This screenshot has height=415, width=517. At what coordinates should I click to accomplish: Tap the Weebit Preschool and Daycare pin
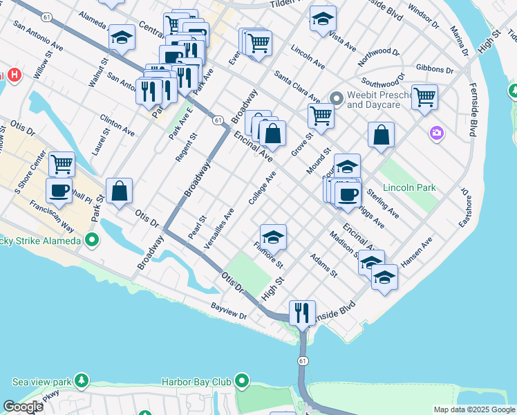(337, 98)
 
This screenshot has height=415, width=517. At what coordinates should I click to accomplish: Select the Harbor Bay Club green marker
(242, 381)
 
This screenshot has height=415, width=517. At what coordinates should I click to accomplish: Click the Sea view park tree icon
(82, 381)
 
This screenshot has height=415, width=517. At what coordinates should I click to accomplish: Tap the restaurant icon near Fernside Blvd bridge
(301, 313)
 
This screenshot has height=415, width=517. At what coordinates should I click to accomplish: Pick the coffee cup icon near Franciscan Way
(59, 190)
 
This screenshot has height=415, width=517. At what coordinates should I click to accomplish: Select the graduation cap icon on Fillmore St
(274, 237)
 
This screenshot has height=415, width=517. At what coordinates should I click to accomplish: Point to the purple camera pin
(436, 132)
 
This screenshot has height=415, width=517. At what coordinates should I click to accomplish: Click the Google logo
(23, 407)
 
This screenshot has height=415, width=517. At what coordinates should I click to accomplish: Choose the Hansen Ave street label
(416, 253)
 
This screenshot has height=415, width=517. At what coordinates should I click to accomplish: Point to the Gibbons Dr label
(435, 70)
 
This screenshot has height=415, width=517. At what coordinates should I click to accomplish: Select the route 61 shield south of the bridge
(303, 361)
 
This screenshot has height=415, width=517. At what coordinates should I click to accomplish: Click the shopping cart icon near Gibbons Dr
(424, 97)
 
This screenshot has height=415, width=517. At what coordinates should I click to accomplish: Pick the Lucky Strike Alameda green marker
(91, 241)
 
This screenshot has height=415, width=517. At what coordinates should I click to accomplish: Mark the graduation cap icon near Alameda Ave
(122, 37)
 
